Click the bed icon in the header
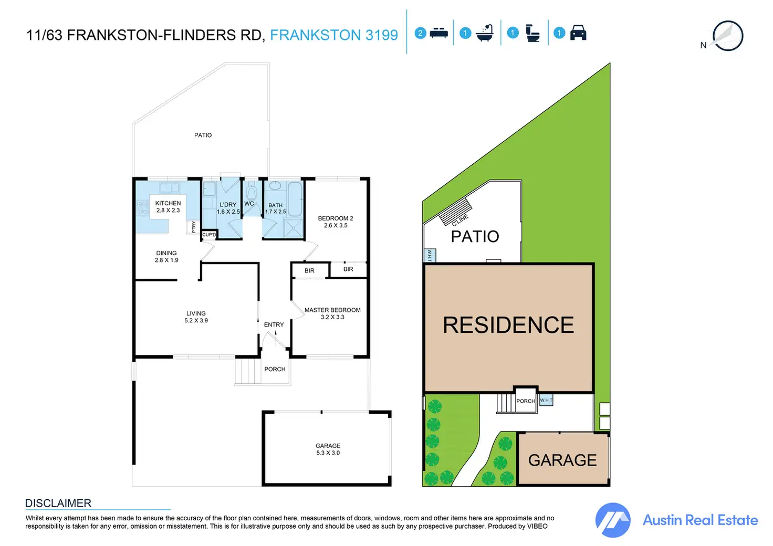tap(439, 33)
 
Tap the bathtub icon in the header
tap(485, 33)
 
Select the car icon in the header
tap(578, 33)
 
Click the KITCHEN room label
tap(168, 207)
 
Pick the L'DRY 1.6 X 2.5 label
tap(228, 208)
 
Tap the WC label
tap(249, 204)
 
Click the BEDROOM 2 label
tap(336, 222)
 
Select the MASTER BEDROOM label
tap(332, 313)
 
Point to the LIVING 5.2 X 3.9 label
tap(196, 317)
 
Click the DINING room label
tap(166, 257)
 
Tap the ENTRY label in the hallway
tap(274, 324)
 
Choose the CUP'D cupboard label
tap(209, 235)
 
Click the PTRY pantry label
tap(193, 227)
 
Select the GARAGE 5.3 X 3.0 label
tap(328, 449)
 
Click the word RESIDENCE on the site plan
tap(508, 325)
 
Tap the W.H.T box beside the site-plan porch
tap(546, 400)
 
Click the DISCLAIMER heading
tap(58, 503)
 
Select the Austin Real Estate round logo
tap(613, 520)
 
